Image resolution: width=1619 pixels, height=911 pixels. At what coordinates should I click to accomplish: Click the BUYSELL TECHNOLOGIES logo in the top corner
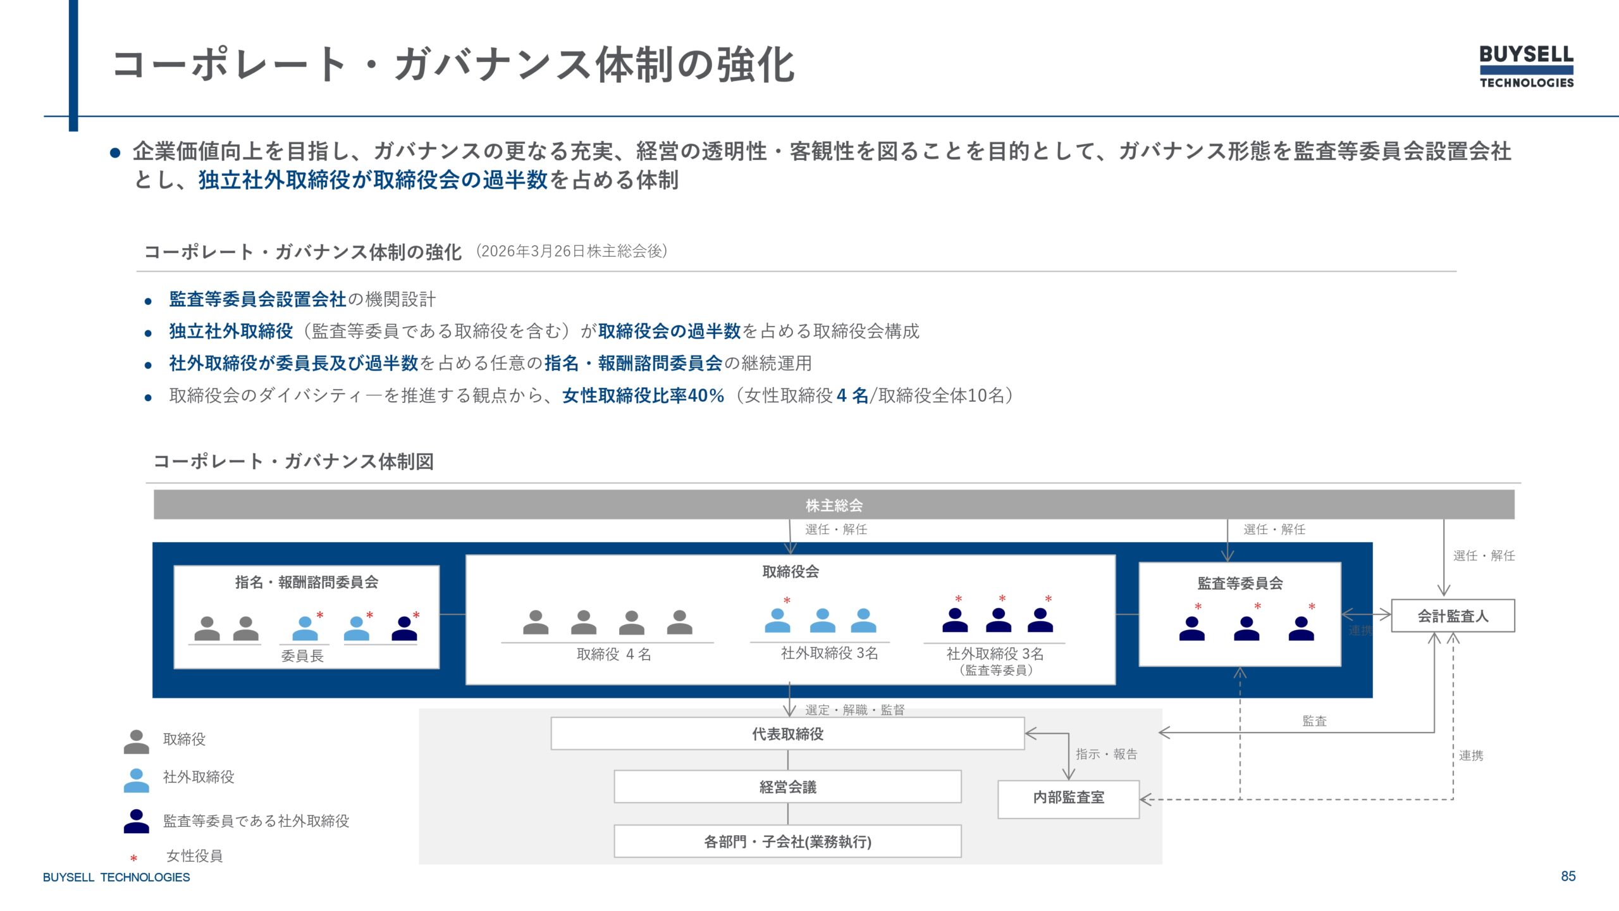point(1526,66)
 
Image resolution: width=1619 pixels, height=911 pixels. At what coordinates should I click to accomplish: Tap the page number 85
point(1568,876)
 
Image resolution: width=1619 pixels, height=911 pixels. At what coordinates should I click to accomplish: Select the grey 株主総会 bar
point(834,505)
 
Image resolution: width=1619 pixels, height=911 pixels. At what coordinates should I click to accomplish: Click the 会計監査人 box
point(1453,616)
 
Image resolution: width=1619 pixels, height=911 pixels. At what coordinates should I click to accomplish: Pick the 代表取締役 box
point(787,734)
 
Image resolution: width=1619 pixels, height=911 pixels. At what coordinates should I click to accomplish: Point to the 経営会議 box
point(787,787)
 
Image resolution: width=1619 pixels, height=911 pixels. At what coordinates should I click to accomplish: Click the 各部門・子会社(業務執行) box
point(787,841)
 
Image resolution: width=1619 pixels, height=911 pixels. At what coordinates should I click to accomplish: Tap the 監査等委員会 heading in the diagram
point(1240,583)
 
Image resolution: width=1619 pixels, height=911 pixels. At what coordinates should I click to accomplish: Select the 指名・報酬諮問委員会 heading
point(307,582)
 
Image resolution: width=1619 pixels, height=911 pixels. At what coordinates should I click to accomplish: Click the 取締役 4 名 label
point(613,654)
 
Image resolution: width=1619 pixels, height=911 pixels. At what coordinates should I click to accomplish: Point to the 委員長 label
point(302,656)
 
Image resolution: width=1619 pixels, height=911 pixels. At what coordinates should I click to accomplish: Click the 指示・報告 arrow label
point(1106,754)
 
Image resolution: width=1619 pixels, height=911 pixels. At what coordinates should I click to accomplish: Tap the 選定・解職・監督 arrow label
point(854,710)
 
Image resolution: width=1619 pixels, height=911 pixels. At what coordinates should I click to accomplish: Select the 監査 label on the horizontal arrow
point(1314,721)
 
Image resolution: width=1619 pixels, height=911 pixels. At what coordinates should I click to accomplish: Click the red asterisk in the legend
point(133,858)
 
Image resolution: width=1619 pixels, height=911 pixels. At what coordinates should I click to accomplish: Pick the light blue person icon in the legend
point(136,780)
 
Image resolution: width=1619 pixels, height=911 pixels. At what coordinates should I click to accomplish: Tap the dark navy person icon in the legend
point(136,821)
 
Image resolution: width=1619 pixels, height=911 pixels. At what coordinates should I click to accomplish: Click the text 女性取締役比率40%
point(643,395)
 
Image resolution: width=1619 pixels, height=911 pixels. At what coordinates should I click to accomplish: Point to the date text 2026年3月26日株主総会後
point(571,251)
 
